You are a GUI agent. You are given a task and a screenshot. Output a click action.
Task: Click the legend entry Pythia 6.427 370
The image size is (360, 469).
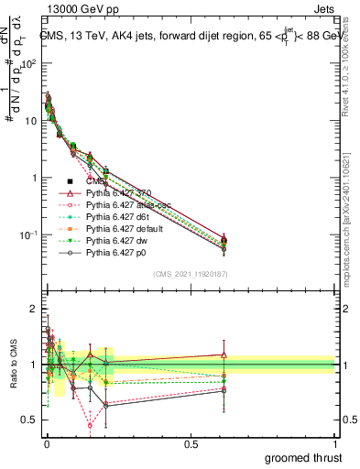pos(120,194)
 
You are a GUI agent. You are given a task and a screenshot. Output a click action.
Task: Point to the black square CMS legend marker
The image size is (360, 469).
pos(71,182)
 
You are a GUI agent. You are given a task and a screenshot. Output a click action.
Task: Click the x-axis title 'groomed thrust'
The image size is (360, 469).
pos(303,457)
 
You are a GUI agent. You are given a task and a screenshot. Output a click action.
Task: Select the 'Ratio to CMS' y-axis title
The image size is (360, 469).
pos(12,364)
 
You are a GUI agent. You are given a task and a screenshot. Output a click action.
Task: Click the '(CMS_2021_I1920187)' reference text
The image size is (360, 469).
pos(191,275)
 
